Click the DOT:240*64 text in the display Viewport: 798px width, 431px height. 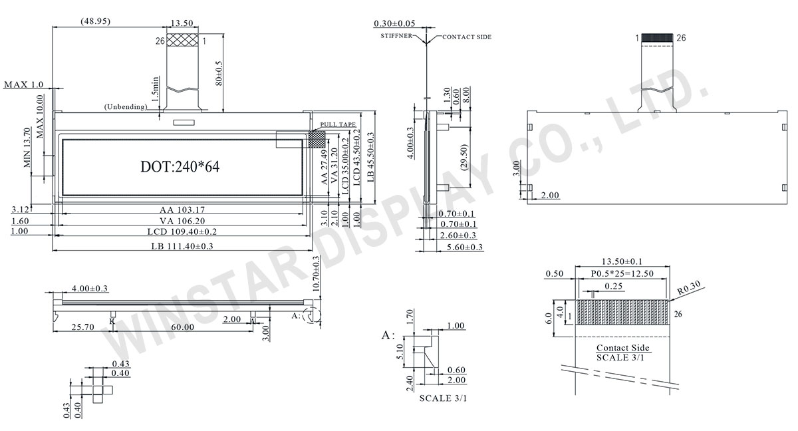[x=180, y=167]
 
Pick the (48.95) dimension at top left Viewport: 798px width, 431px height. [x=94, y=22]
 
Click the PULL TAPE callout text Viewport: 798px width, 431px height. [x=338, y=125]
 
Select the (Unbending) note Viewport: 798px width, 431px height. [x=126, y=107]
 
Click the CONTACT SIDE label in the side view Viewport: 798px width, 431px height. [x=467, y=37]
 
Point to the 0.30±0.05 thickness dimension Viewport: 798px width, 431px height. [x=400, y=23]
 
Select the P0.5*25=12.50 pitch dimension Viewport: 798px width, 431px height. [x=622, y=273]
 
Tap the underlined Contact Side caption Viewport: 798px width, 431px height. [x=622, y=348]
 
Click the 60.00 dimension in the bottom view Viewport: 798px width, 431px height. [x=181, y=327]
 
